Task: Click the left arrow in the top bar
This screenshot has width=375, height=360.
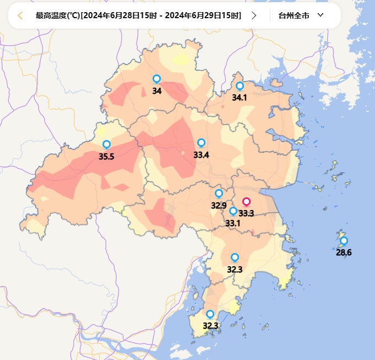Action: pos(20,15)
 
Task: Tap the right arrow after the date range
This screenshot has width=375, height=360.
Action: pos(254,15)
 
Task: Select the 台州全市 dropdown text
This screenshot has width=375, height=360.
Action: pos(294,15)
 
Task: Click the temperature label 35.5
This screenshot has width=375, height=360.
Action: pos(106,157)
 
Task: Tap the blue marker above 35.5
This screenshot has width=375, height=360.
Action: pos(107,144)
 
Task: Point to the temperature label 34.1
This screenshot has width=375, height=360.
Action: pos(240,98)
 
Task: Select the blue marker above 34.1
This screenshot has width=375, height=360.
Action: pos(240,86)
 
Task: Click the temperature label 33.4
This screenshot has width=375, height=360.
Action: pos(201,155)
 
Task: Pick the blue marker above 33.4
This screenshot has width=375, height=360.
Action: pos(201,143)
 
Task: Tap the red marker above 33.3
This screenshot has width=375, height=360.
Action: pos(247,202)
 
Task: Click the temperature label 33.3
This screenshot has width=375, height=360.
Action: pos(246,213)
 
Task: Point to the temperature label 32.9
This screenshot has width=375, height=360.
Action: pos(219,206)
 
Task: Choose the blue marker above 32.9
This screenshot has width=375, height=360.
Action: pos(219,194)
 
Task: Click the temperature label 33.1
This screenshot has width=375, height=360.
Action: pos(233,223)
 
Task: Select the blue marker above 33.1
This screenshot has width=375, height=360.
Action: pos(233,211)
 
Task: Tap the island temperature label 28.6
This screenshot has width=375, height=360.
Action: pos(344,252)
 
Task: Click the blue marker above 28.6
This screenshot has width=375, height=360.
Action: pos(344,240)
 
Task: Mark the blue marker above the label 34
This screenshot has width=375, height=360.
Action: pos(157,79)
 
